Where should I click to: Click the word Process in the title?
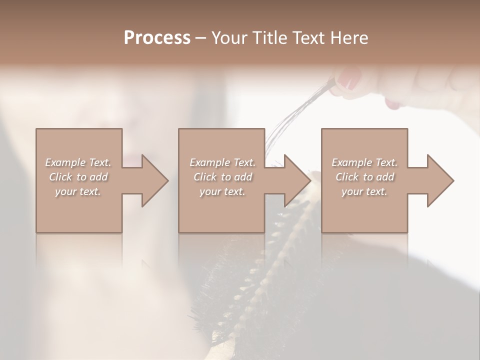157,38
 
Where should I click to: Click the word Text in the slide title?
304,38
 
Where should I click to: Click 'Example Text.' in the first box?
78,162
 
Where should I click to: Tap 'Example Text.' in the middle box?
222,162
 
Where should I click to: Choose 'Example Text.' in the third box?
364,162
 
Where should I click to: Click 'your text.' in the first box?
78,191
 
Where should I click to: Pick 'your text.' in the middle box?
222,191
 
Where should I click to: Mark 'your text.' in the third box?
364,191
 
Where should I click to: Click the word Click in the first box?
61,177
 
